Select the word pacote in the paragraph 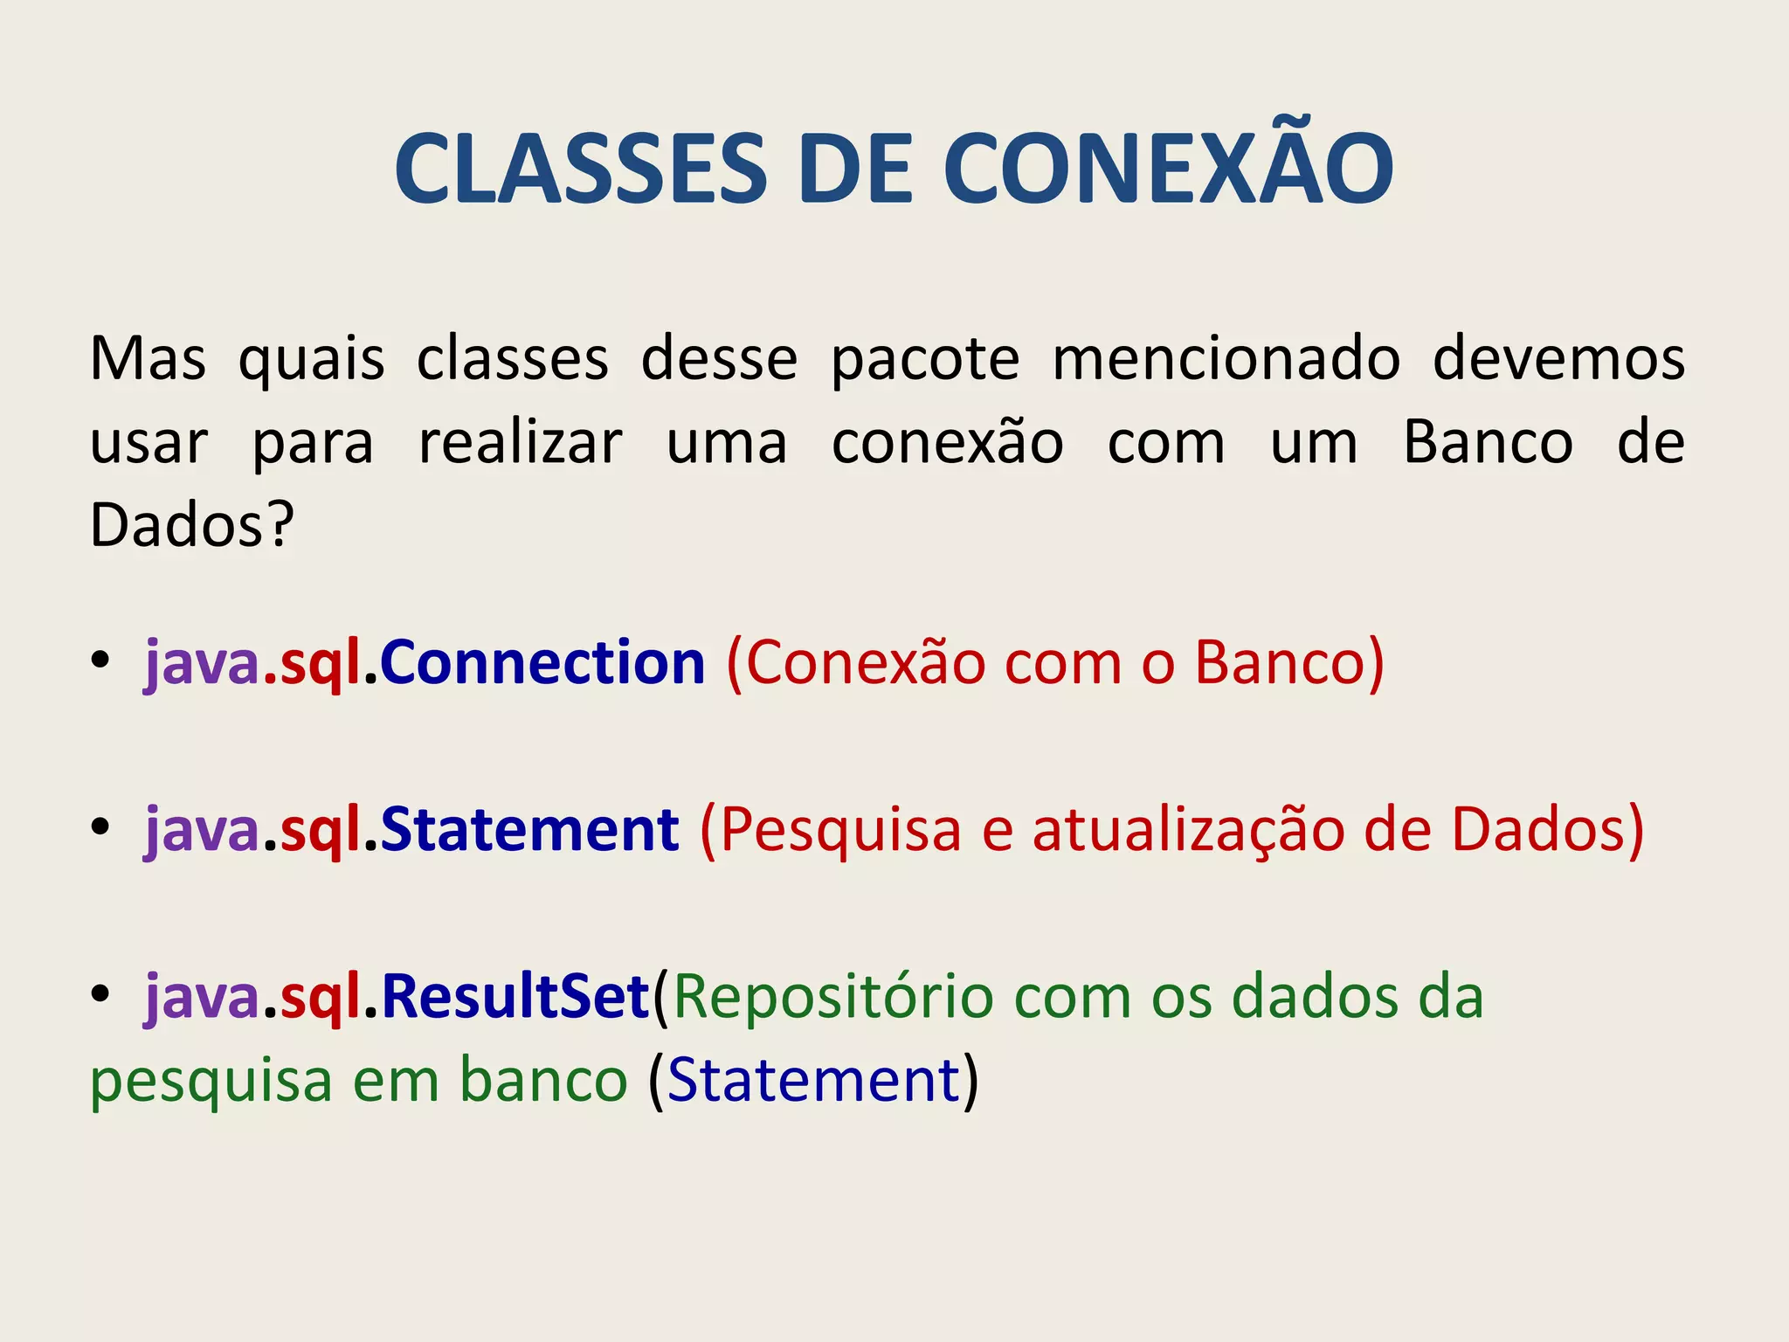pos(925,360)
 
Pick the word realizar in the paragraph pos(521,442)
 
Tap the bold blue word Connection pos(542,662)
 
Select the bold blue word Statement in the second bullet pos(529,829)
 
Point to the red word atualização pos(1188,829)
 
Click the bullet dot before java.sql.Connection pos(100,660)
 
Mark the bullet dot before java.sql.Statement pos(100,827)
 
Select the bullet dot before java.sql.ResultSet pos(100,993)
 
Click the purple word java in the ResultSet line pos(202,998)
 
